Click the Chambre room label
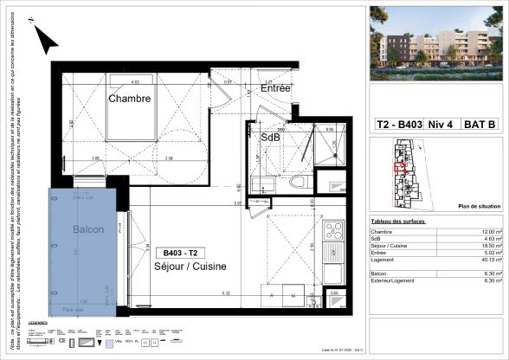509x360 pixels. click(130, 99)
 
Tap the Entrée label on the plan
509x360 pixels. click(276, 88)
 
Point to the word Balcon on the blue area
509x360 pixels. click(87, 229)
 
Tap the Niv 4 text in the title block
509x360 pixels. click(442, 125)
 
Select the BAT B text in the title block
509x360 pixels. click(481, 125)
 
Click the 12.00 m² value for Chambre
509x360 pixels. click(490, 233)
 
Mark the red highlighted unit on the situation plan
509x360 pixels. click(399, 167)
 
